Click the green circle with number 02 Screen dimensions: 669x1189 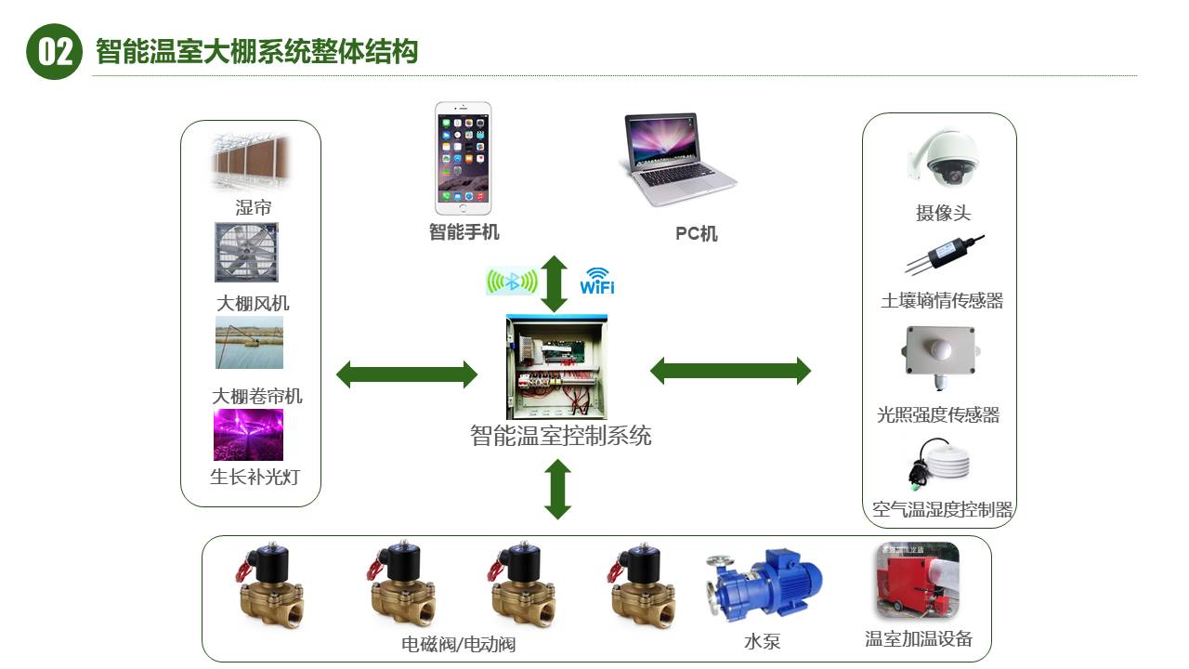(x=55, y=51)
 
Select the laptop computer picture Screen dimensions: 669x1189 (x=678, y=158)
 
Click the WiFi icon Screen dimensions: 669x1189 (x=597, y=281)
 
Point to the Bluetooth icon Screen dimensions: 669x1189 (x=512, y=282)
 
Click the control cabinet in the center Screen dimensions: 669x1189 (x=557, y=367)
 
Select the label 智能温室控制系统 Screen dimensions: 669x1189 (x=561, y=435)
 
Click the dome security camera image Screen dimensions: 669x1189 (x=943, y=159)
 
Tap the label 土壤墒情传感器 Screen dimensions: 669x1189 (x=942, y=300)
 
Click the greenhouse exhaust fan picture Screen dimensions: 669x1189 (x=247, y=252)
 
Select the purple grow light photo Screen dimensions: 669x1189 (x=248, y=435)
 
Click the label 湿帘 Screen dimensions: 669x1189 (x=253, y=207)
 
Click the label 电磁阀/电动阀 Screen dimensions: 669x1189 (x=458, y=643)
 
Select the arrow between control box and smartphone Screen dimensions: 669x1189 (x=555, y=283)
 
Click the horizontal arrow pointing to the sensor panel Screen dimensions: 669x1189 (x=730, y=371)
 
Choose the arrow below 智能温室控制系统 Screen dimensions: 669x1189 (x=557, y=489)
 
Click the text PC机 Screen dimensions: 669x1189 (x=696, y=234)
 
